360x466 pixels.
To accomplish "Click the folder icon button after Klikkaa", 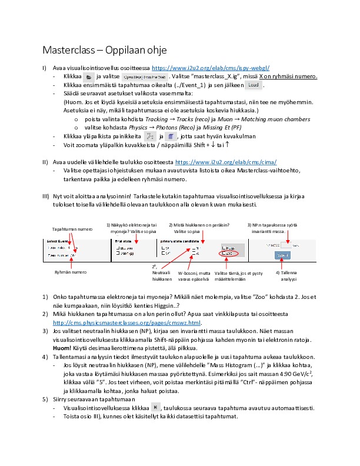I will [x=88, y=77].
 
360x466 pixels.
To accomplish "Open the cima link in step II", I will [x=218, y=162].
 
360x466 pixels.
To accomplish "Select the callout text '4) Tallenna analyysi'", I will [x=285, y=275].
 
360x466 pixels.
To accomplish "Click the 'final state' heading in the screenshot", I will [x=124, y=241].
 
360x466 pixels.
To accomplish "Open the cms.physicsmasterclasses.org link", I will [x=127, y=323].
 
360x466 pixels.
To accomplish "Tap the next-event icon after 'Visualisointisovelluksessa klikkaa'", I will [x=155, y=407].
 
